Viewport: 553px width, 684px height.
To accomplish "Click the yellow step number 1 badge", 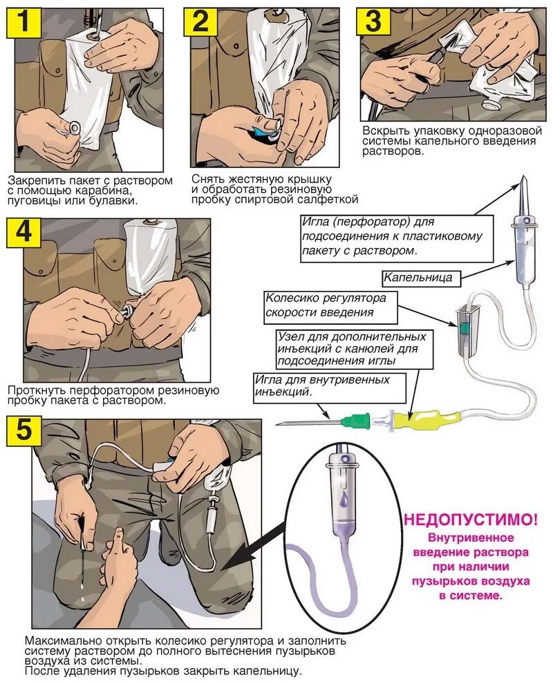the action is [24, 23].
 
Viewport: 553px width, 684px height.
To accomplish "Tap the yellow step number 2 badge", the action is [200, 22].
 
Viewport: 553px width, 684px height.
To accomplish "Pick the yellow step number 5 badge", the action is [24, 431].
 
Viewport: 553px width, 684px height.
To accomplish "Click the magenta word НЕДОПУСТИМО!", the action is [471, 518].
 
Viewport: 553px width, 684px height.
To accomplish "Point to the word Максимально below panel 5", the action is [59, 639].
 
